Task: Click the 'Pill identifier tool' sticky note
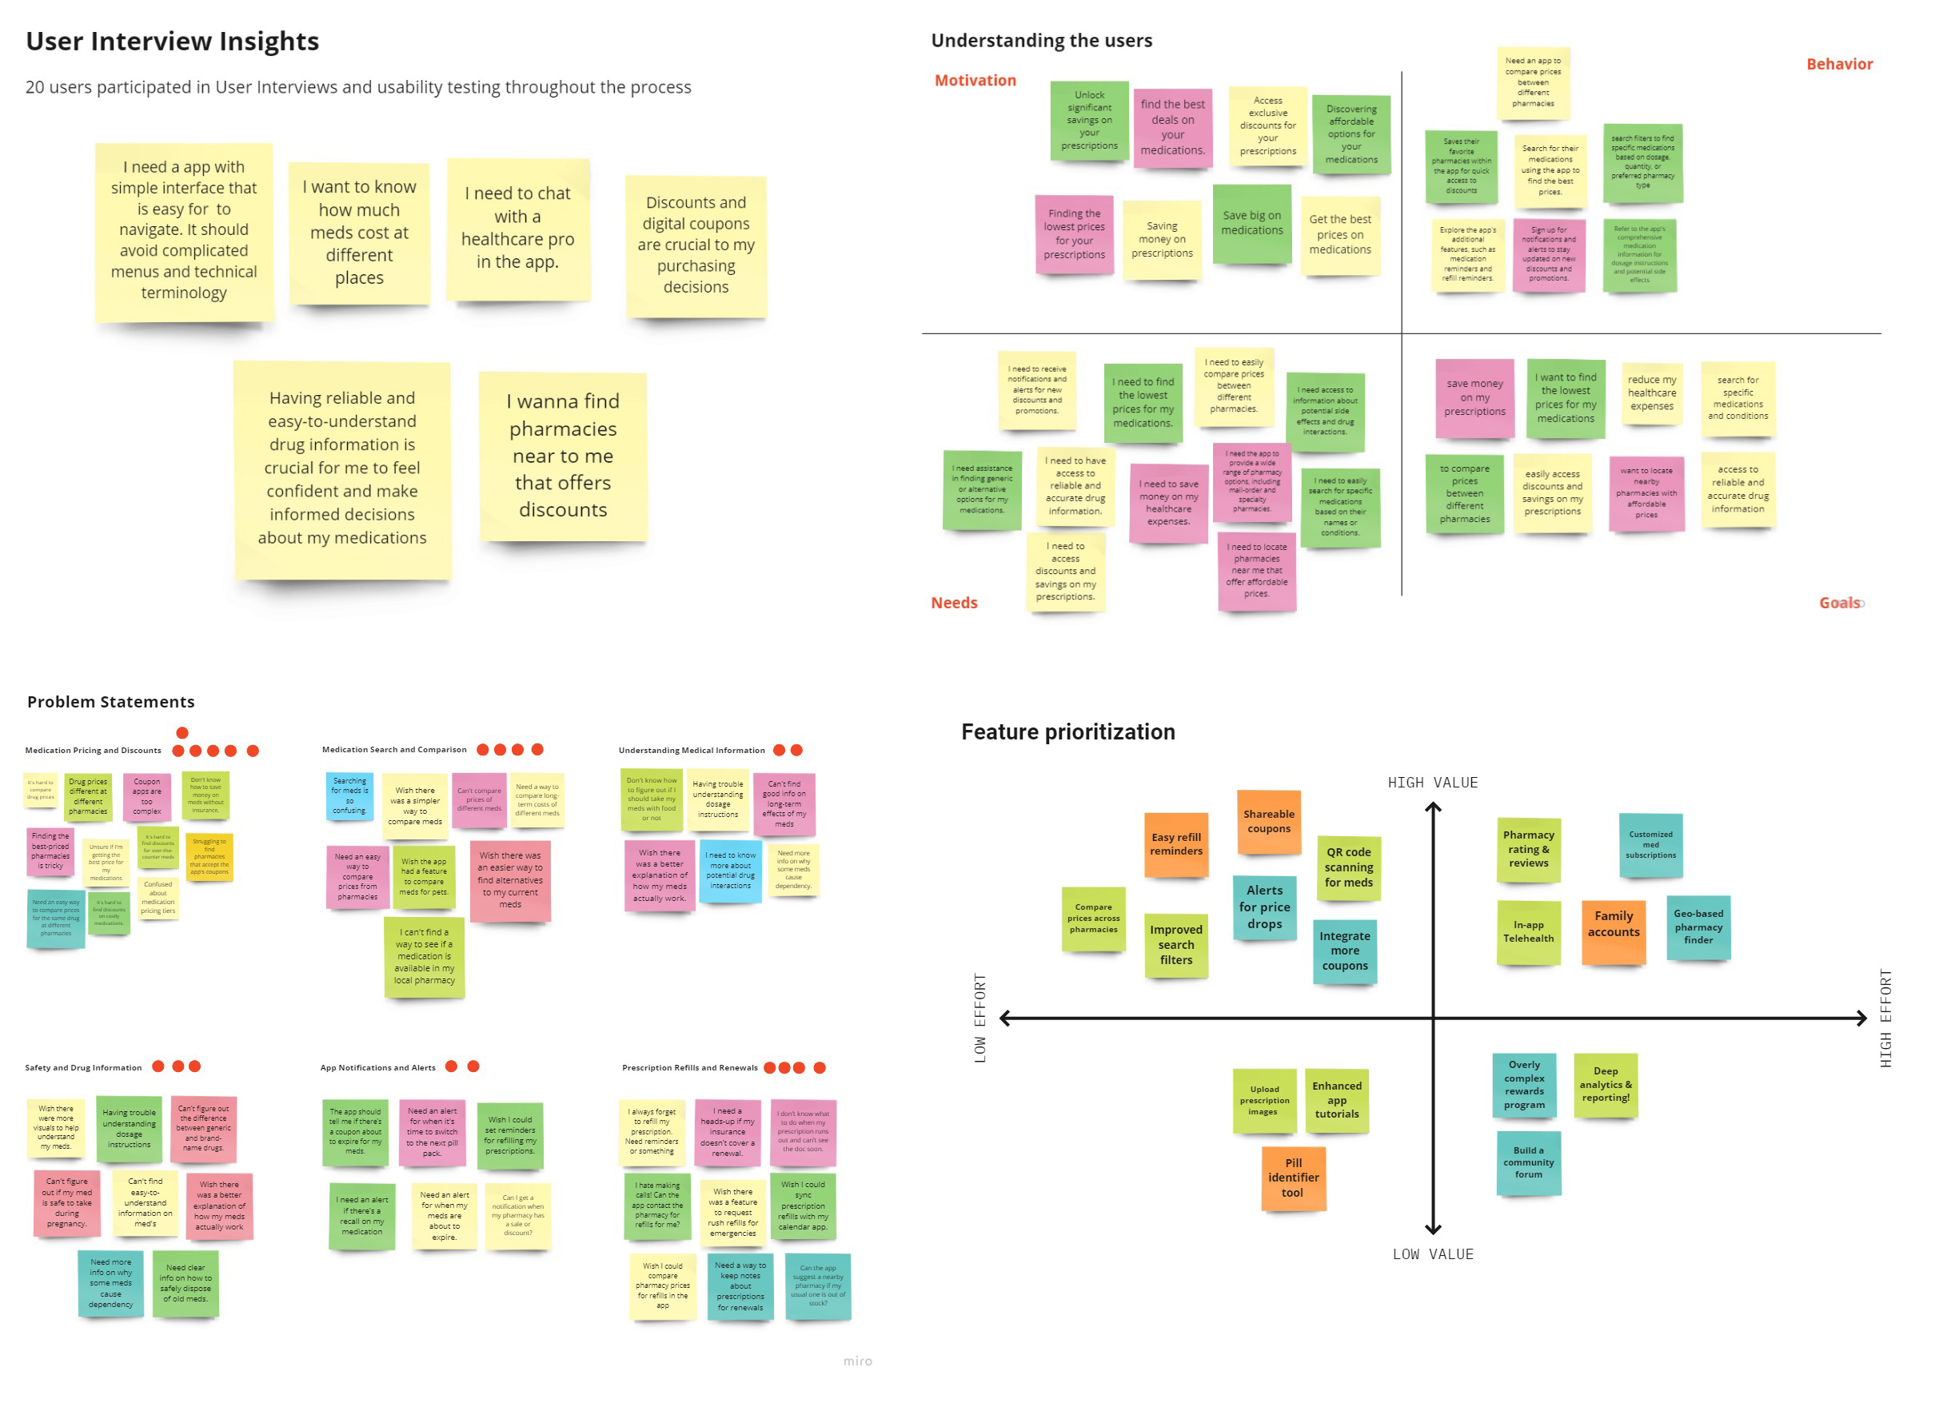click(1293, 1178)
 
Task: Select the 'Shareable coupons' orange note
click(1269, 822)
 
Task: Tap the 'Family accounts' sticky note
click(1614, 925)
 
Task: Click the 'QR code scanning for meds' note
click(1348, 868)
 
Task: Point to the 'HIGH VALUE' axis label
click(1432, 783)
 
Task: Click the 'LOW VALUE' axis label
click(1432, 1254)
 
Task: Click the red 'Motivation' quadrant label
click(975, 81)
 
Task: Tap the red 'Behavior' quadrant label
click(1839, 64)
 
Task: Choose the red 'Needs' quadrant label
click(953, 603)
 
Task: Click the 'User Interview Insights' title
click(172, 41)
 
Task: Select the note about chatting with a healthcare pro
click(517, 229)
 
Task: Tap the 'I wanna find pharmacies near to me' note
click(563, 456)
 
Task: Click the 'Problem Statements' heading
click(110, 702)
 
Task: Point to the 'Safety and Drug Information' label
click(83, 1068)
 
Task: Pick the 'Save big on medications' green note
click(1251, 223)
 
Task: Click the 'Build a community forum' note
click(1528, 1162)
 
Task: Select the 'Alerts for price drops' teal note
click(1263, 907)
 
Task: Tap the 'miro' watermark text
click(857, 1361)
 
